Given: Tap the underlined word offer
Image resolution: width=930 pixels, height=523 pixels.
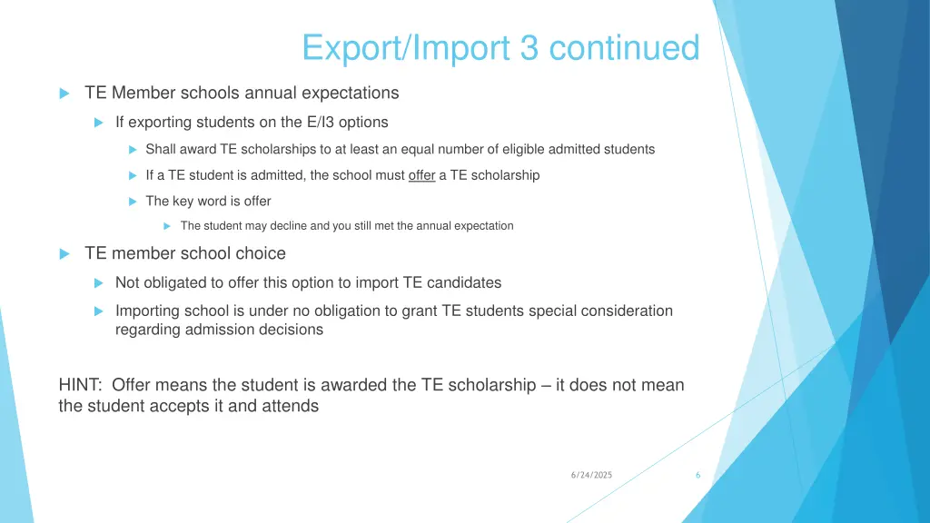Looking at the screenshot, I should (x=422, y=175).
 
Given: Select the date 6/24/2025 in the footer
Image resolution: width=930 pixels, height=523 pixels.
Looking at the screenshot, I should (x=592, y=475).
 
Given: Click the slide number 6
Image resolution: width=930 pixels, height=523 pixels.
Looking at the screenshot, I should (x=697, y=475).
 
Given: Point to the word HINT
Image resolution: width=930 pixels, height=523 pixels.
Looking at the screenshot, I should (x=81, y=385).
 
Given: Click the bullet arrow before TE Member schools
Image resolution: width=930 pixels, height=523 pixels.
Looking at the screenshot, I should (x=64, y=94).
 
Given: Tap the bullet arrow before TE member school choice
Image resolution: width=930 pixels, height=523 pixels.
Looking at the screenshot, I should (x=64, y=254).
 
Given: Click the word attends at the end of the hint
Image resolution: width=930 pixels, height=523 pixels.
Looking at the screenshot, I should (x=292, y=406).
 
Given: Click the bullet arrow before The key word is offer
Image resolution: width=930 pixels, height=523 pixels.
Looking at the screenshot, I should (x=133, y=202).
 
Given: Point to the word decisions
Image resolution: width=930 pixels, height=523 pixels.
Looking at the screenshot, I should (x=291, y=330).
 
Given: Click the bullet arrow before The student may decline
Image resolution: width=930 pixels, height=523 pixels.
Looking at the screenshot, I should (x=167, y=226).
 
